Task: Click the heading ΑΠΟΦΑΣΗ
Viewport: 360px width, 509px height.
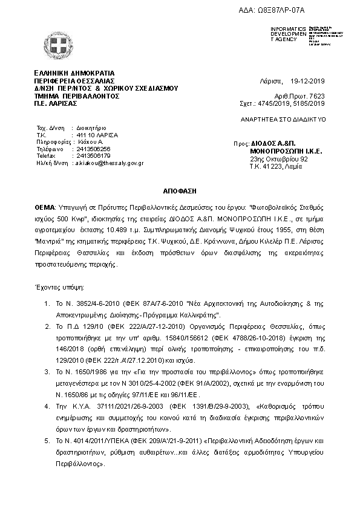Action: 180,190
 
